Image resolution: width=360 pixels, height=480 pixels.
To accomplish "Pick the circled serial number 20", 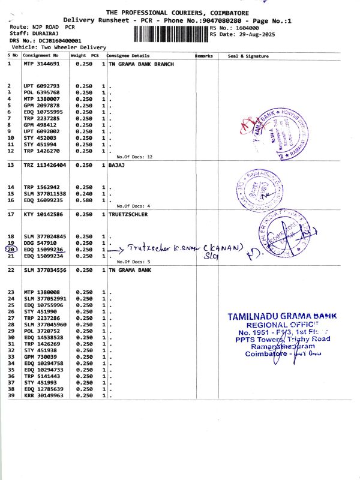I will [x=11, y=249].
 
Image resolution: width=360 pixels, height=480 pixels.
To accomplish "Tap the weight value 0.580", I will [x=83, y=200].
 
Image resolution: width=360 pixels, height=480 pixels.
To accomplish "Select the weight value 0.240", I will [x=83, y=194].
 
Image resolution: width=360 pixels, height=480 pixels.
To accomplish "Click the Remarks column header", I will [x=204, y=56].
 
